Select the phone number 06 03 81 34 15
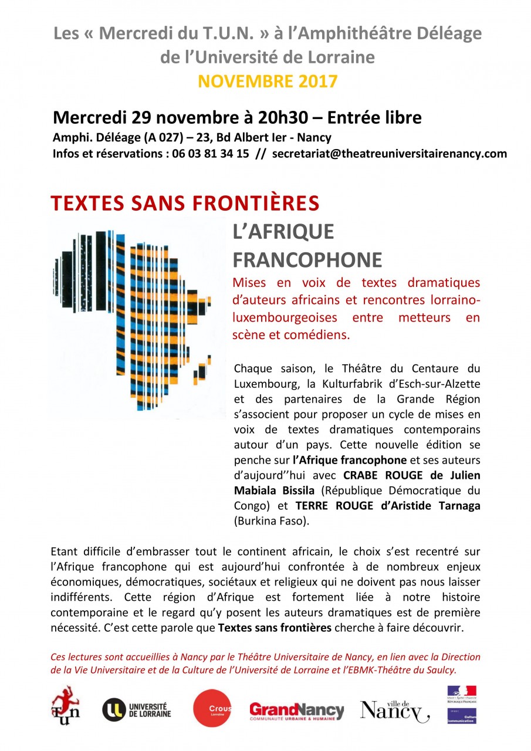tap(209, 154)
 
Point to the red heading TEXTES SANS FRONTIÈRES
tap(185, 203)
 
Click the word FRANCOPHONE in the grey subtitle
tap(307, 259)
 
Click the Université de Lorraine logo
tap(137, 710)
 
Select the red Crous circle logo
tap(212, 709)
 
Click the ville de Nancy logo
tap(394, 710)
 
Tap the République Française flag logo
tap(462, 694)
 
